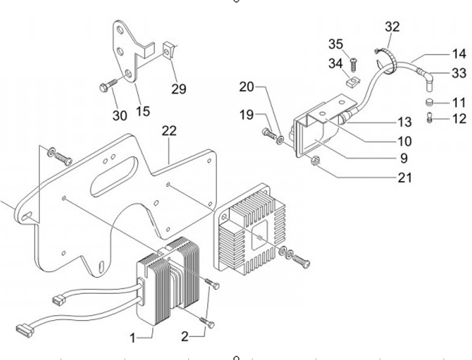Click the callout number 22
pos(169,131)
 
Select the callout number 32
pos(392,27)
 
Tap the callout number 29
pos(179,89)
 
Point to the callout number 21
pos(404,178)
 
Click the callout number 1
pos(132,338)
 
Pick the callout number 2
pos(185,336)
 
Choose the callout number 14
pos(459,54)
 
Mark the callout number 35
pos(336,44)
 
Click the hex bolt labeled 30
pos(108,85)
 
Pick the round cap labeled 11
pos(429,102)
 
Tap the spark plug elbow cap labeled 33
pos(426,78)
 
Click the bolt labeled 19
pos(269,134)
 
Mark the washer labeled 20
pos(281,140)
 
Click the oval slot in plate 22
pos(114,176)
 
